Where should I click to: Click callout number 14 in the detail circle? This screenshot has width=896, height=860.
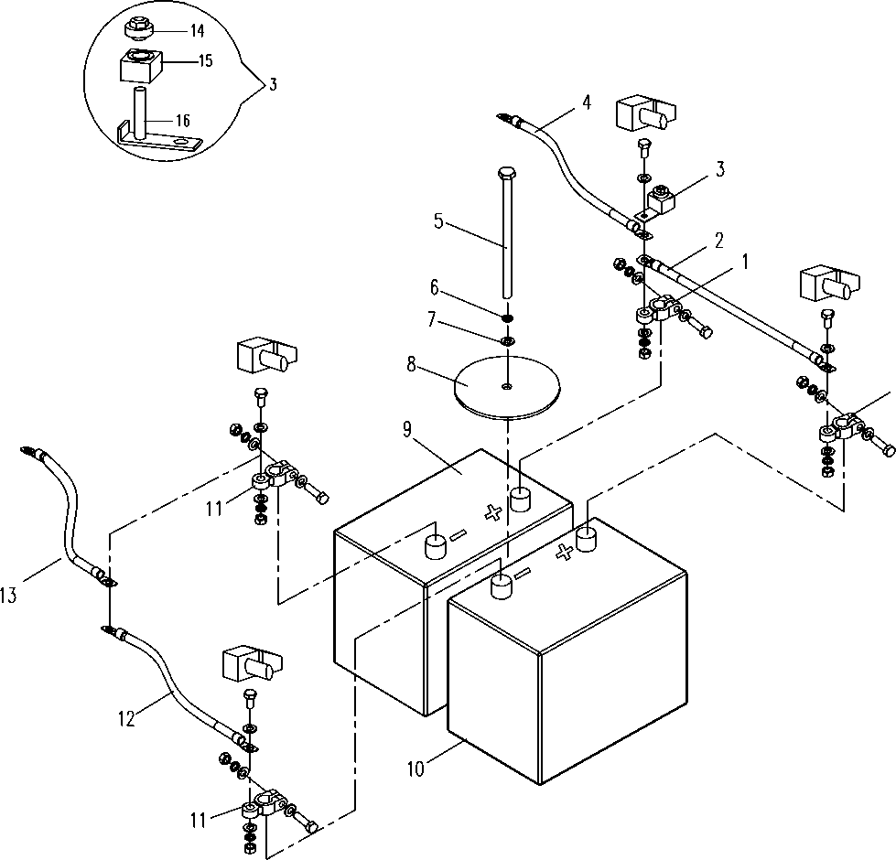click(x=197, y=30)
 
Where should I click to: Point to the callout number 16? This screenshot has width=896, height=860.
click(x=182, y=121)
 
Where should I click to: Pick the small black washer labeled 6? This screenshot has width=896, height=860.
click(x=507, y=317)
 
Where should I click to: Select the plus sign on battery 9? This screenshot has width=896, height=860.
click(x=492, y=513)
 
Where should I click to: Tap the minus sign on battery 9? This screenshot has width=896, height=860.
click(x=458, y=534)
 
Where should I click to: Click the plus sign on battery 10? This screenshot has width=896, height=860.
click(x=565, y=552)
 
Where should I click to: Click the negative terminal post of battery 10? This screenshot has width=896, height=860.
click(x=502, y=587)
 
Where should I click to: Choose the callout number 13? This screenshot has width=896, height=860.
click(x=8, y=596)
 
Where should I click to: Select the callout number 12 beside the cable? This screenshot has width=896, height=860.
click(x=127, y=718)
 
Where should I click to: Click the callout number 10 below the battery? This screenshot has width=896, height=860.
click(x=416, y=769)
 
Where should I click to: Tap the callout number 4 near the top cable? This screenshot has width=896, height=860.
click(x=587, y=102)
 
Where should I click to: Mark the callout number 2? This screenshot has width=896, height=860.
click(x=718, y=241)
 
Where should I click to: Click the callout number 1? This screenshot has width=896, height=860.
click(x=745, y=262)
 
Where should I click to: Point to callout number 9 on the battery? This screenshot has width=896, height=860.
click(x=407, y=429)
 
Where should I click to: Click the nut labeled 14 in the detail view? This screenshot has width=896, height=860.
click(x=136, y=29)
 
